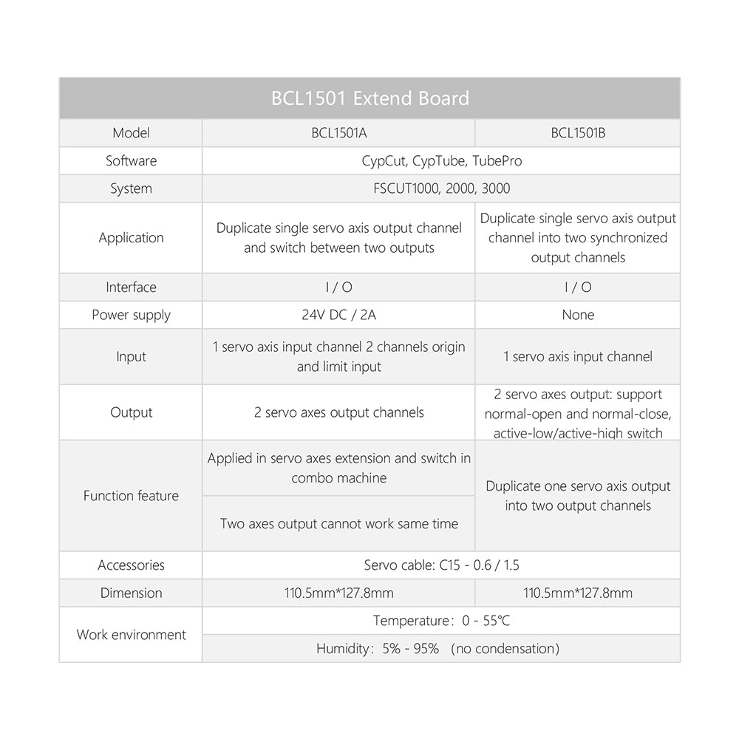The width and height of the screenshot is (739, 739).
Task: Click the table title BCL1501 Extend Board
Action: [x=369, y=98]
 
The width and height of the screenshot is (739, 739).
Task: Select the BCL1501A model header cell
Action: [x=338, y=133]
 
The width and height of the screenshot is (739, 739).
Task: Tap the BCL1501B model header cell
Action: [x=578, y=133]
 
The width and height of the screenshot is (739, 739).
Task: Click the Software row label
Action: [x=131, y=160]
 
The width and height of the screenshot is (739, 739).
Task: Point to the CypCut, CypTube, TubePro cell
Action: [x=441, y=160]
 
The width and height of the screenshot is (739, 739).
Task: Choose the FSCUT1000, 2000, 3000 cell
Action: [x=441, y=188]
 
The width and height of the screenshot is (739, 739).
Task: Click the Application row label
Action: [x=131, y=237]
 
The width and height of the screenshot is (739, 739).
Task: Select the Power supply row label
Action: [x=131, y=315]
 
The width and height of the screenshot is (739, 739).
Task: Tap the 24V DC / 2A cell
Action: [x=338, y=315]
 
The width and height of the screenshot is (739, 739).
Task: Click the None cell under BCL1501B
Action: [x=578, y=315]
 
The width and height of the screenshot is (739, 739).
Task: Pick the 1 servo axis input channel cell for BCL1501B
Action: [x=578, y=357]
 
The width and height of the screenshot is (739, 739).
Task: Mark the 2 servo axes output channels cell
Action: [x=338, y=412]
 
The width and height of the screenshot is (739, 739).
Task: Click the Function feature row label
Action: [x=131, y=496]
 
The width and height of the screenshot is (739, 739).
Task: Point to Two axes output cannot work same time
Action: [x=338, y=524]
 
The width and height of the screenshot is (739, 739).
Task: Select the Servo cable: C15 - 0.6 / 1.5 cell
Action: [x=441, y=565]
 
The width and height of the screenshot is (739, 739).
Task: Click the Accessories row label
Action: [x=131, y=565]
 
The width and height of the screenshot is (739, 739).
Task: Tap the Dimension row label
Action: [x=131, y=593]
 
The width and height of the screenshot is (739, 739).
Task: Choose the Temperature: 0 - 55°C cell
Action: [x=441, y=621]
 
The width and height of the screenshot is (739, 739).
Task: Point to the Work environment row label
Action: [x=131, y=635]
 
